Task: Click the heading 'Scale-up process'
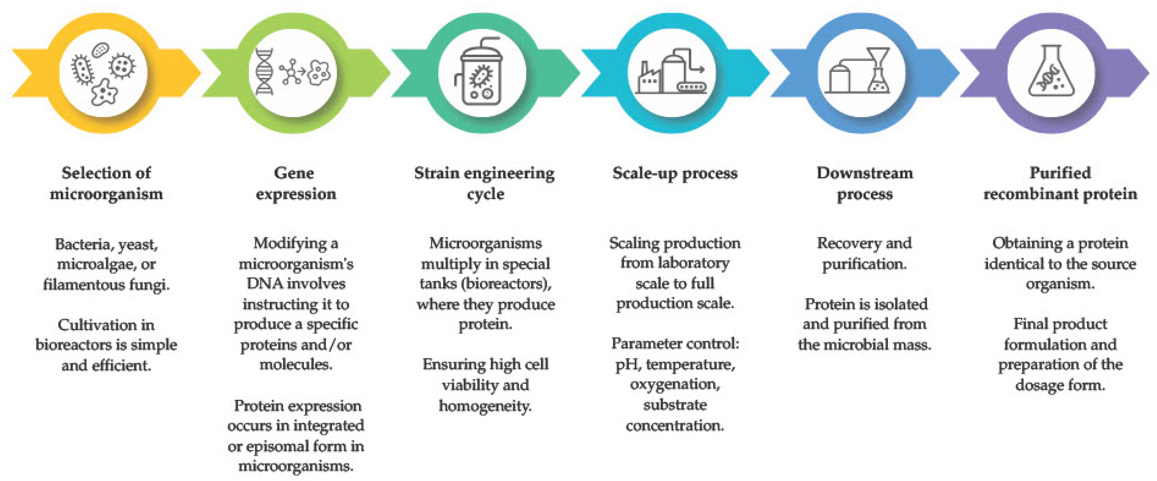675,174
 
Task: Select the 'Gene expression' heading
295,184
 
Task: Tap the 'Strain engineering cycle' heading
485,184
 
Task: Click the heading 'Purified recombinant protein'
1060,184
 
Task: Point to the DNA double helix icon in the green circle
264,72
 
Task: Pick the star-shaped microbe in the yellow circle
104,92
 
